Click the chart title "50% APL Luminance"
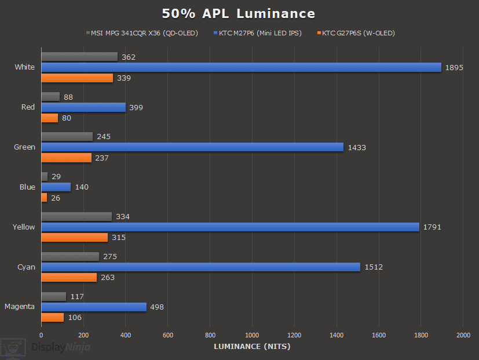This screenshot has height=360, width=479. (239, 13)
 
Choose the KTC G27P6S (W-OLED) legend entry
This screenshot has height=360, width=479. (358, 33)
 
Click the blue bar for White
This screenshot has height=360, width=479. (241, 67)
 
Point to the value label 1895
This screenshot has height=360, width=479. (454, 68)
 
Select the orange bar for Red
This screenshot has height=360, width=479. (50, 118)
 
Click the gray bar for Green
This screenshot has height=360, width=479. (67, 136)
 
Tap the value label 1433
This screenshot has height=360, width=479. (356, 148)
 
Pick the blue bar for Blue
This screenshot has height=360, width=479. (56, 187)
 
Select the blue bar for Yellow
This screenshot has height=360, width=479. (230, 227)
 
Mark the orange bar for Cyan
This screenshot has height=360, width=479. (69, 278)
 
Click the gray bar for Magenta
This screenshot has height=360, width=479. (54, 296)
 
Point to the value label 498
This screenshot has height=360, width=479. (157, 307)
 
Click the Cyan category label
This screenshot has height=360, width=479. (25, 267)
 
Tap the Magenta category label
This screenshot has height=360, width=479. (20, 307)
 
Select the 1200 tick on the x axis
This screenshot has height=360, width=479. (294, 335)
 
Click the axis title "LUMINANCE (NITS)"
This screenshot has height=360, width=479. (252, 347)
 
